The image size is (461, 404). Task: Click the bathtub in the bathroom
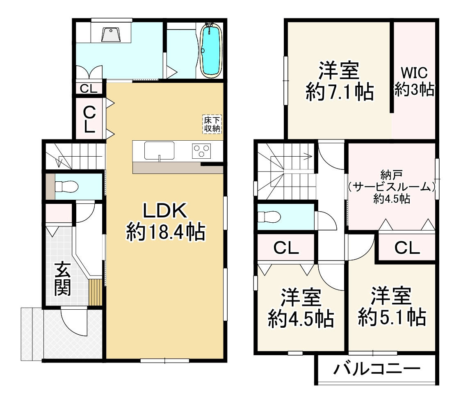(x=211, y=50)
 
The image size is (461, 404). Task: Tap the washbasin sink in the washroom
(x=111, y=35)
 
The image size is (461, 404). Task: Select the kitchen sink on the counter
(x=159, y=151)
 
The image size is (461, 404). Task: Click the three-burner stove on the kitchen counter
(x=201, y=151)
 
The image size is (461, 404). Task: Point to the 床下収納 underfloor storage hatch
(x=212, y=124)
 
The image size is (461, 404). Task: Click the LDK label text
(x=165, y=210)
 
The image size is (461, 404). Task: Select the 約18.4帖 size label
(x=166, y=232)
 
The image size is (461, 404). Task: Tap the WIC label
(x=414, y=73)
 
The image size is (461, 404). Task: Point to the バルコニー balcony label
(x=377, y=369)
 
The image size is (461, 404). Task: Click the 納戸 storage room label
(x=391, y=175)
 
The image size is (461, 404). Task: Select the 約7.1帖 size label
(x=340, y=92)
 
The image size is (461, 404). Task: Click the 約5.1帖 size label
(x=392, y=317)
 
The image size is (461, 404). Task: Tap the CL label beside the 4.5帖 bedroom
(x=286, y=248)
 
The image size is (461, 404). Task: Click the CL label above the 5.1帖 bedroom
(x=407, y=248)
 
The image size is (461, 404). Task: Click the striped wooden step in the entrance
(x=95, y=292)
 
